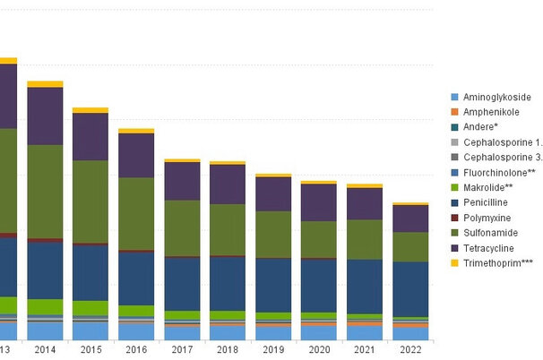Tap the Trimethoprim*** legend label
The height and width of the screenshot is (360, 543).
point(497,262)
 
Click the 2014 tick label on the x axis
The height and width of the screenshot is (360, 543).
point(45,350)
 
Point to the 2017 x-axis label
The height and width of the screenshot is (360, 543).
point(182,350)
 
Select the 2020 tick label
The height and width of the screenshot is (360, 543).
point(319,350)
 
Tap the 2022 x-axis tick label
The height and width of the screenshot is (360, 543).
point(410,350)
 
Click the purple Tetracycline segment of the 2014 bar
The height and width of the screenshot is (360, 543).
point(45,116)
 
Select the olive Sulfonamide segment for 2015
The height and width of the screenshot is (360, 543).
point(90,201)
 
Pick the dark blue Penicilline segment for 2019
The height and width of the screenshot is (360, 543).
point(273,285)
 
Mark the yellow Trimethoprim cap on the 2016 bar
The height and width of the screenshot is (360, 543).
point(136,131)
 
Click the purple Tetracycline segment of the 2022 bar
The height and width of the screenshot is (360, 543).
point(410,219)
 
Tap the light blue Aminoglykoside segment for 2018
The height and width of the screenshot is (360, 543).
point(228,332)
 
